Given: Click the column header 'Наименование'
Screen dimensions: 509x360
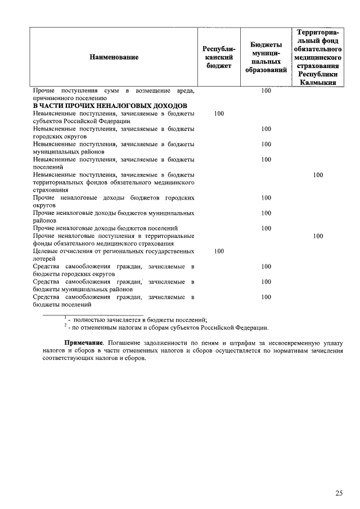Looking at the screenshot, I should (113, 57).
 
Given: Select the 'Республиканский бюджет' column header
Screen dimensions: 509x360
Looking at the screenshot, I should (219, 57).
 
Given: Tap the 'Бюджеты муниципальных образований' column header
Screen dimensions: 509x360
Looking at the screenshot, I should (266, 57).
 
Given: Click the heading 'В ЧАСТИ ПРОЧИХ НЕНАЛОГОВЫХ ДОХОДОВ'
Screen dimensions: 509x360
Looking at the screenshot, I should (110, 106).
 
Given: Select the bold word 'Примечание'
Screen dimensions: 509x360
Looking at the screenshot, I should (84, 343).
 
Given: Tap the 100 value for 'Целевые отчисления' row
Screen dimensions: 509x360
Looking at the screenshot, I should (219, 251).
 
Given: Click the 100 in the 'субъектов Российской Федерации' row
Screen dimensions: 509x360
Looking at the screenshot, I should (219, 114).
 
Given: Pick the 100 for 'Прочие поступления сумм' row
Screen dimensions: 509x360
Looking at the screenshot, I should (266, 91).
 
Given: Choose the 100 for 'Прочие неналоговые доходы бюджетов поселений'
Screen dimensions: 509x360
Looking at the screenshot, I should (266, 228).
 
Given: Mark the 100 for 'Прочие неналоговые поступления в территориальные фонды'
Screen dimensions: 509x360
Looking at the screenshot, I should (318, 236).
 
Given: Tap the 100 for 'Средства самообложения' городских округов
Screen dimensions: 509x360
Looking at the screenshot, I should (266, 267).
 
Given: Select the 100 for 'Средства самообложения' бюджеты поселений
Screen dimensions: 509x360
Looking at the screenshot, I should (266, 297).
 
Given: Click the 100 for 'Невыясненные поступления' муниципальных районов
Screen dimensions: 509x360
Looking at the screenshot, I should (266, 145).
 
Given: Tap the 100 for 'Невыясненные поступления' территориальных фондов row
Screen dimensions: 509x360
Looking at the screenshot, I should (318, 175).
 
